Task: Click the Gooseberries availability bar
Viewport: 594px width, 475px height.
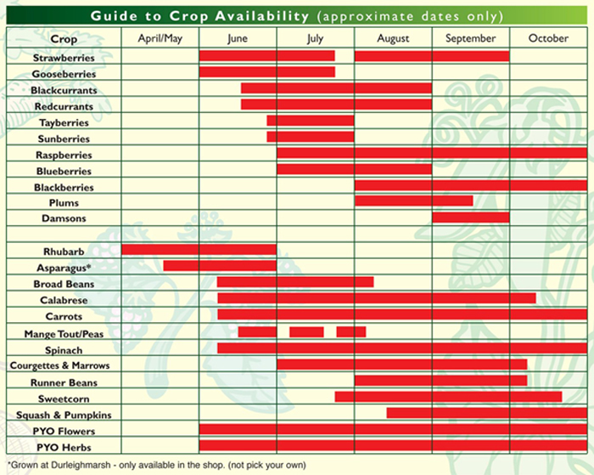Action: point(266,72)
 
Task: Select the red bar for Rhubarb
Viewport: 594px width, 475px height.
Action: point(199,250)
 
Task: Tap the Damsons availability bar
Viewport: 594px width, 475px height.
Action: point(470,218)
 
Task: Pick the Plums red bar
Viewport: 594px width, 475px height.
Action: point(413,201)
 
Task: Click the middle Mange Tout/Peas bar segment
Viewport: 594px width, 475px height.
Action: point(306,331)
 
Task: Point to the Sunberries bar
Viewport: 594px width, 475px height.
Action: point(310,137)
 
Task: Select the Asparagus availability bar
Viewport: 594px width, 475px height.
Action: point(220,266)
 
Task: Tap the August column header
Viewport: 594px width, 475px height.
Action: point(393,39)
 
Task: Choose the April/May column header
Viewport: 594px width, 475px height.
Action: point(160,39)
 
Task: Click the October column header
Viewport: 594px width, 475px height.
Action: point(547,39)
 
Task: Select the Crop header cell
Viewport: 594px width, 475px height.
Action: point(64,39)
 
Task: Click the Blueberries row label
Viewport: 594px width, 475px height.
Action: point(64,171)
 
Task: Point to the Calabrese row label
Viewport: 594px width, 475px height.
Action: point(64,300)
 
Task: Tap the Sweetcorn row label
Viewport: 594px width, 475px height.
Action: point(64,398)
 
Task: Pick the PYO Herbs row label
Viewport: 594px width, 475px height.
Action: point(64,446)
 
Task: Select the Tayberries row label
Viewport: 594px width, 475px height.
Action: point(64,122)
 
